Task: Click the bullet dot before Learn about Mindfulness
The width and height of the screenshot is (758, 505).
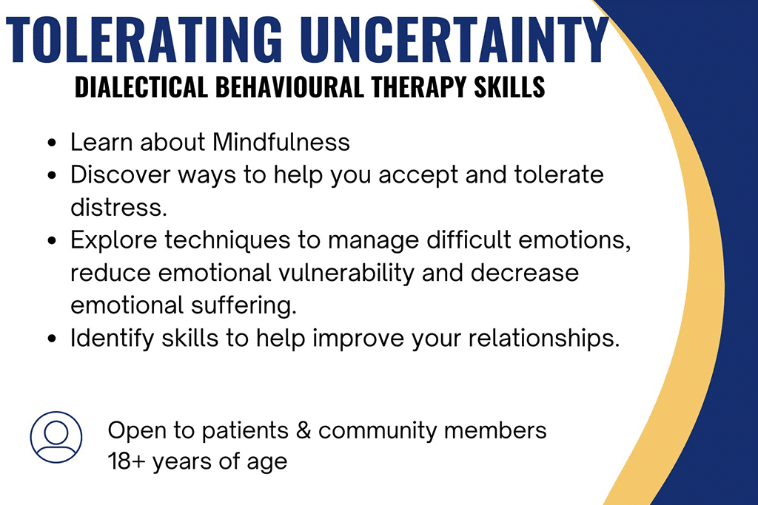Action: (x=52, y=143)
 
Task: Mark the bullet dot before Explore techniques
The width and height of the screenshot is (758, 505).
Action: (x=52, y=242)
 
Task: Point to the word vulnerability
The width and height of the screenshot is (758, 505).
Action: (x=326, y=273)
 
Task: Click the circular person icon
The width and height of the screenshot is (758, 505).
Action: (x=56, y=437)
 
